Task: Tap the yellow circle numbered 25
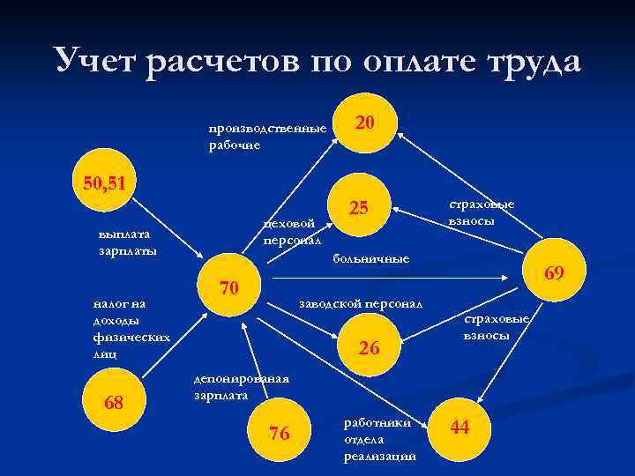click(359, 209)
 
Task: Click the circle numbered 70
click(229, 288)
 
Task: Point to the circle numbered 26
click(370, 349)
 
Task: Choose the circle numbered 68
click(113, 404)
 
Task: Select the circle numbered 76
click(280, 433)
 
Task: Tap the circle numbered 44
click(459, 428)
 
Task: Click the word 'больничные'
click(370, 258)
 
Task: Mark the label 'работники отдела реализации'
click(378, 439)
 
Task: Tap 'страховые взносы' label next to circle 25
click(481, 212)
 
